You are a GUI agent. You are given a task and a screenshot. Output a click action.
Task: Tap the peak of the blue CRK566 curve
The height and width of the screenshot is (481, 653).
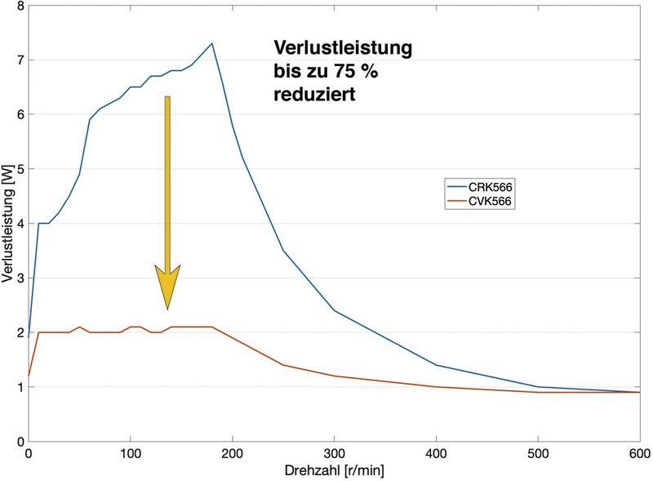212,43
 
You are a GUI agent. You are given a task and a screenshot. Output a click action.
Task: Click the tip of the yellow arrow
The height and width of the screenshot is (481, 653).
167,309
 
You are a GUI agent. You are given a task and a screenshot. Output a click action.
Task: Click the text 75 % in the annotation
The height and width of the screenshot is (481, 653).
351,72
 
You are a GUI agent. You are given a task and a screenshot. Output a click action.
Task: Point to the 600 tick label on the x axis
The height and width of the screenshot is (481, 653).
639,453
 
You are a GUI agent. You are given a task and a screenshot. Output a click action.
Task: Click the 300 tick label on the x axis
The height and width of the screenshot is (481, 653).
334,453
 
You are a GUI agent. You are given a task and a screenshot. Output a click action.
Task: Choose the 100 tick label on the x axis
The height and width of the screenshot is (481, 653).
131,453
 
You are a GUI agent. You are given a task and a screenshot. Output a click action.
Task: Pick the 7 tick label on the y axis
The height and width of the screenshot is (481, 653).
20,60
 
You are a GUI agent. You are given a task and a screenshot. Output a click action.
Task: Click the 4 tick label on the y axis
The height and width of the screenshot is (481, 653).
20,223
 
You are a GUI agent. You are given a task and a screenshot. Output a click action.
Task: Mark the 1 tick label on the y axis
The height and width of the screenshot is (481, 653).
20,387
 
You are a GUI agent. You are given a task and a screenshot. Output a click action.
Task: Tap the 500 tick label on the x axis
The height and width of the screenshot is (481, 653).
537,453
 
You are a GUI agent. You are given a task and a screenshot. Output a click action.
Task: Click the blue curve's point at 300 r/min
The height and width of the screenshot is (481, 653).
334,310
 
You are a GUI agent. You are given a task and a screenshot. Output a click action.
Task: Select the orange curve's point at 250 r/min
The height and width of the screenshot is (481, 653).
283,365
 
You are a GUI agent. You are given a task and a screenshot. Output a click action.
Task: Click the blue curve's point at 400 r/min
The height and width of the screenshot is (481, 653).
436,365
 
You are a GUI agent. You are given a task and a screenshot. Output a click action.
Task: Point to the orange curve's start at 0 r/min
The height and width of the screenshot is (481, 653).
29,376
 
